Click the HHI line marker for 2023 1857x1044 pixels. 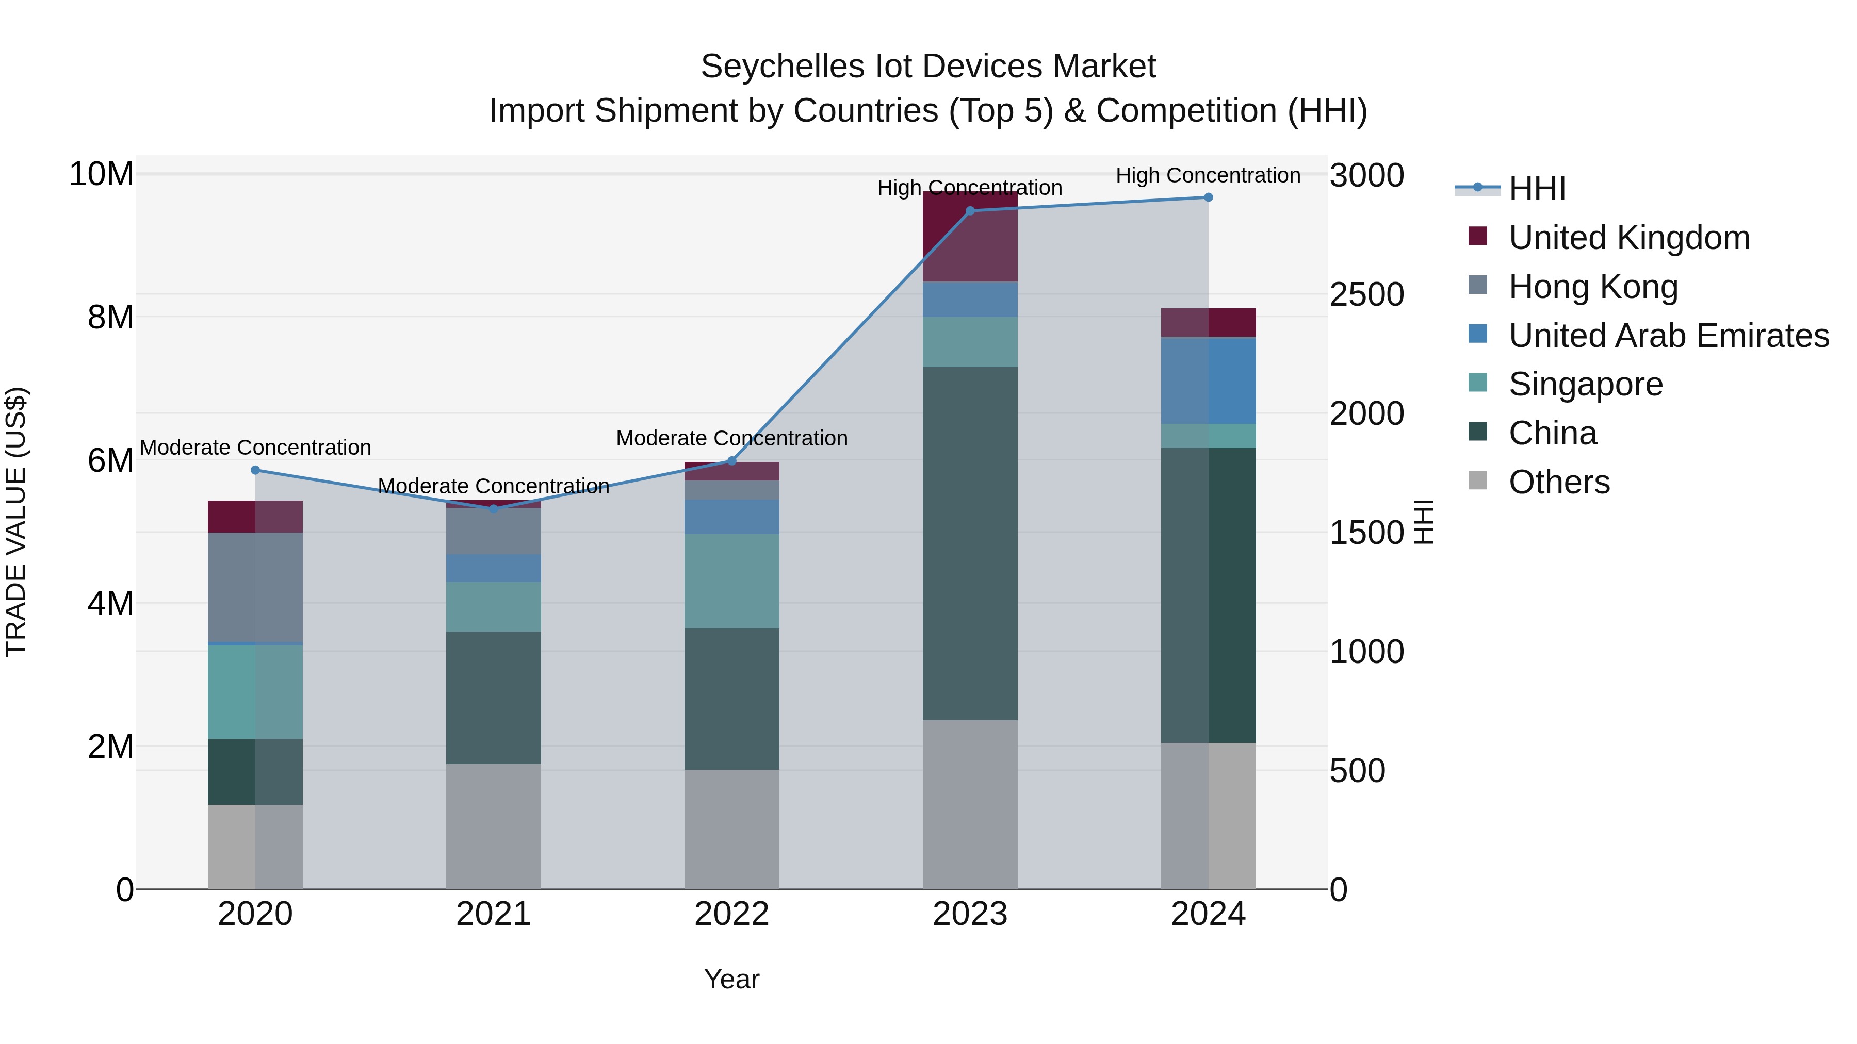tap(970, 211)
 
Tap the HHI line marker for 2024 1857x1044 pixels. tap(1208, 197)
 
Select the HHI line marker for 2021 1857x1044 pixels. tap(494, 509)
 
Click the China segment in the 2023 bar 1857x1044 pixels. tap(970, 544)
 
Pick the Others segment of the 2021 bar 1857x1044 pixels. tap(494, 826)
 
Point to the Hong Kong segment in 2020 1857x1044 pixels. tap(255, 587)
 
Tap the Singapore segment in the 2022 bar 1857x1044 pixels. tap(731, 582)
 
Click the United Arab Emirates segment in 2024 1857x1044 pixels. tap(1208, 380)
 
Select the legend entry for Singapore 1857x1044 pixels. tap(1585, 384)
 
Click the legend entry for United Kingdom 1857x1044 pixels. tap(1628, 238)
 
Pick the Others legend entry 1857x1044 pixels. tap(1558, 482)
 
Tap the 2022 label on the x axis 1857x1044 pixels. tap(731, 914)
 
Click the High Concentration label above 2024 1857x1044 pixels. tap(1208, 175)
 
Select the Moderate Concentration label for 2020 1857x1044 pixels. tap(255, 448)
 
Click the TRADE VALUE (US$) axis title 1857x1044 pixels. tap(17, 522)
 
